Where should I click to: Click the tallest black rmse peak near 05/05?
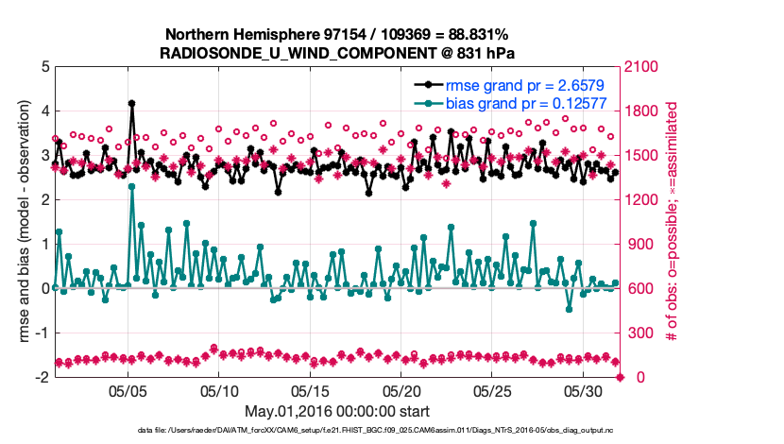pos(131,104)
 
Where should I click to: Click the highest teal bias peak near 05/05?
pos(131,186)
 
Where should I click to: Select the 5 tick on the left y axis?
pos(44,67)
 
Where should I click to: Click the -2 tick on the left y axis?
pos(42,377)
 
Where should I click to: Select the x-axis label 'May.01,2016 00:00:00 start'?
pos(337,411)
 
